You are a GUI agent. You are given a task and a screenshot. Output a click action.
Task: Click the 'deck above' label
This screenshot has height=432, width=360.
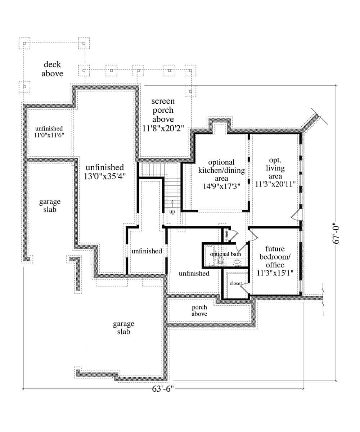coord(52,69)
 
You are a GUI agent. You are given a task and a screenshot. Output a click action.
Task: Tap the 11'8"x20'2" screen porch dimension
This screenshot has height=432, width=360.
coord(163,128)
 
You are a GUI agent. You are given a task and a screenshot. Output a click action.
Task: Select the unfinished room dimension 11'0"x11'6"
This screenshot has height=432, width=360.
coord(49,135)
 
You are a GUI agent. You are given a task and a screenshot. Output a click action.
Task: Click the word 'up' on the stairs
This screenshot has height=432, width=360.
coord(172,212)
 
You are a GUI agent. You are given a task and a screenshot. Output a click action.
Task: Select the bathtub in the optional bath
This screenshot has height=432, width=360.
coord(209,256)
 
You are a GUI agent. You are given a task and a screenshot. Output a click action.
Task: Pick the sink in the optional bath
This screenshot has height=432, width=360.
coord(237,263)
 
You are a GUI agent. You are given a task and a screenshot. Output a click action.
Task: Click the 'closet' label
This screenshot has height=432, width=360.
coord(235,284)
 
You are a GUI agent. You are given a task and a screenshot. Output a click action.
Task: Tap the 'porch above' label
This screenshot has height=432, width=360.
coord(199,310)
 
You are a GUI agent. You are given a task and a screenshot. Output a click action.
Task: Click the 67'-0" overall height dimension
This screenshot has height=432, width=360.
coord(337,233)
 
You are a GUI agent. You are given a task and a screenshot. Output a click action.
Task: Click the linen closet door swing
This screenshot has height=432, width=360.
coord(233,235)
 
